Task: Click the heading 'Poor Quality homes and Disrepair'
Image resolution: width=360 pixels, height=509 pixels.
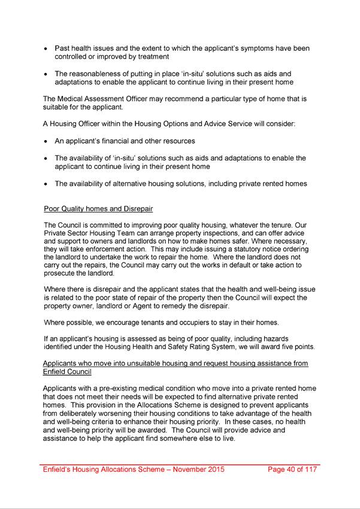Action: coord(98,209)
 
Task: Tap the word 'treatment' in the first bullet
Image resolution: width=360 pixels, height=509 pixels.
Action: coord(152,57)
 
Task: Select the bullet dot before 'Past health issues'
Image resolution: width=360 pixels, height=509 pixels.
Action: coord(46,48)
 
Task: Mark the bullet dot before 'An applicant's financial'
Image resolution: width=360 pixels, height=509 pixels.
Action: coord(46,141)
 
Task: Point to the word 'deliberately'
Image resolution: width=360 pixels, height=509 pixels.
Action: coord(85,413)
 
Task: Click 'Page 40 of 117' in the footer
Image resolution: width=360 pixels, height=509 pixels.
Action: coord(293,469)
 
